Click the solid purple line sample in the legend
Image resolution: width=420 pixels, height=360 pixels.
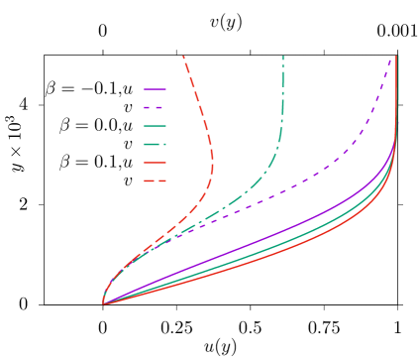point(155,89)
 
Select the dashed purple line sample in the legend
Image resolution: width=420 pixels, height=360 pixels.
point(155,107)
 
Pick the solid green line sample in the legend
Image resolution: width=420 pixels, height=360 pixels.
point(155,126)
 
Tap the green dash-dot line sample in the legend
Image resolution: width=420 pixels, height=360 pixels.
point(155,145)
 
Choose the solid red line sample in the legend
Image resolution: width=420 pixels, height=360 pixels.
point(155,163)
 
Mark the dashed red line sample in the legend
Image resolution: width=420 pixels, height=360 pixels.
point(155,181)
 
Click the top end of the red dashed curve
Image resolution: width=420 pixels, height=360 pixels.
point(183,57)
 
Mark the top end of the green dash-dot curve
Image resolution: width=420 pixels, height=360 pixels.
point(283,57)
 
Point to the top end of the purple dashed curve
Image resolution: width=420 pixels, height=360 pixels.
point(389,60)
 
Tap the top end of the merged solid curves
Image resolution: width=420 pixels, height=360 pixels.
point(397,58)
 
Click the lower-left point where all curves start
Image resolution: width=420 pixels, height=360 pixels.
point(104,303)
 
